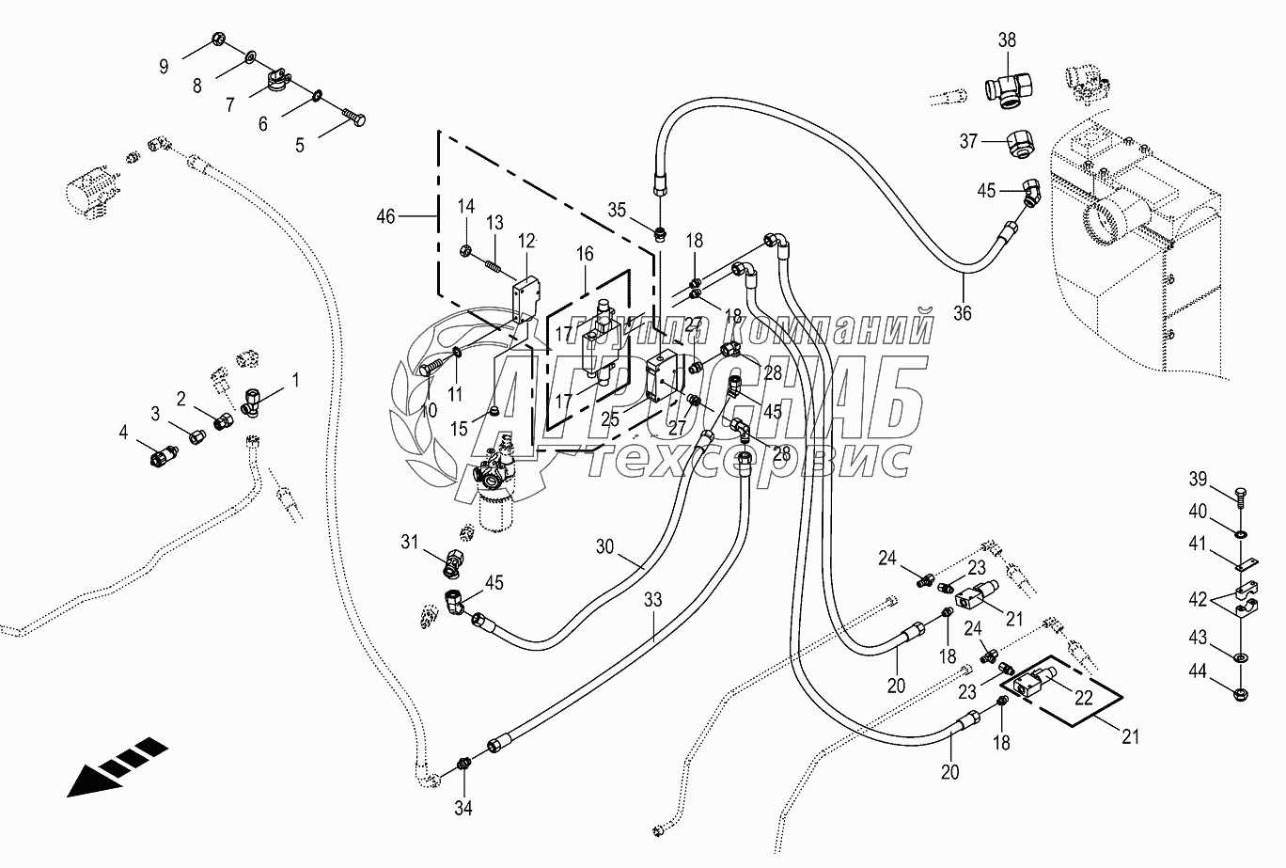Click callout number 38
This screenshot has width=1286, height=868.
coord(1007,40)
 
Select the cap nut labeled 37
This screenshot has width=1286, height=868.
coord(1021,143)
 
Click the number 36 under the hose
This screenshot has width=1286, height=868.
coord(963,313)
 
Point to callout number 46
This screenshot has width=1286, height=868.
coord(385,216)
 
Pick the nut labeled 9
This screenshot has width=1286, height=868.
coord(218,39)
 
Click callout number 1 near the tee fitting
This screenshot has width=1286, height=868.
coord(296,380)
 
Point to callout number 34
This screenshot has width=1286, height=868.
coord(463,808)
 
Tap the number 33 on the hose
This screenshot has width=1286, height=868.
coord(652,600)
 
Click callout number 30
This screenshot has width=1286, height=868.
coord(604,547)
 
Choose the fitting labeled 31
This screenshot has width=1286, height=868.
coord(453,563)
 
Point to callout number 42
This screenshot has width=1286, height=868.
coord(1198,599)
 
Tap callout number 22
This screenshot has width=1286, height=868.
coord(1083,698)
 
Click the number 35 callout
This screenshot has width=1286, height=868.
coord(617,210)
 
